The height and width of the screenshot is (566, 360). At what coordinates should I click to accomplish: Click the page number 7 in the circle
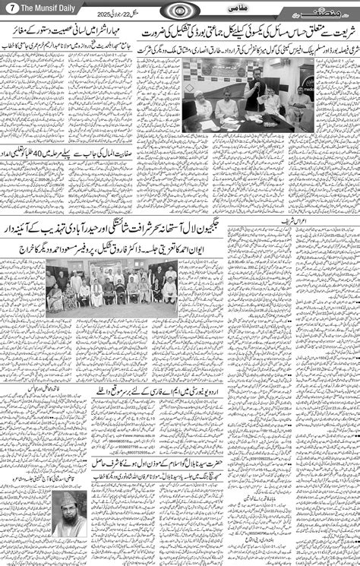[x=9, y=8]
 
